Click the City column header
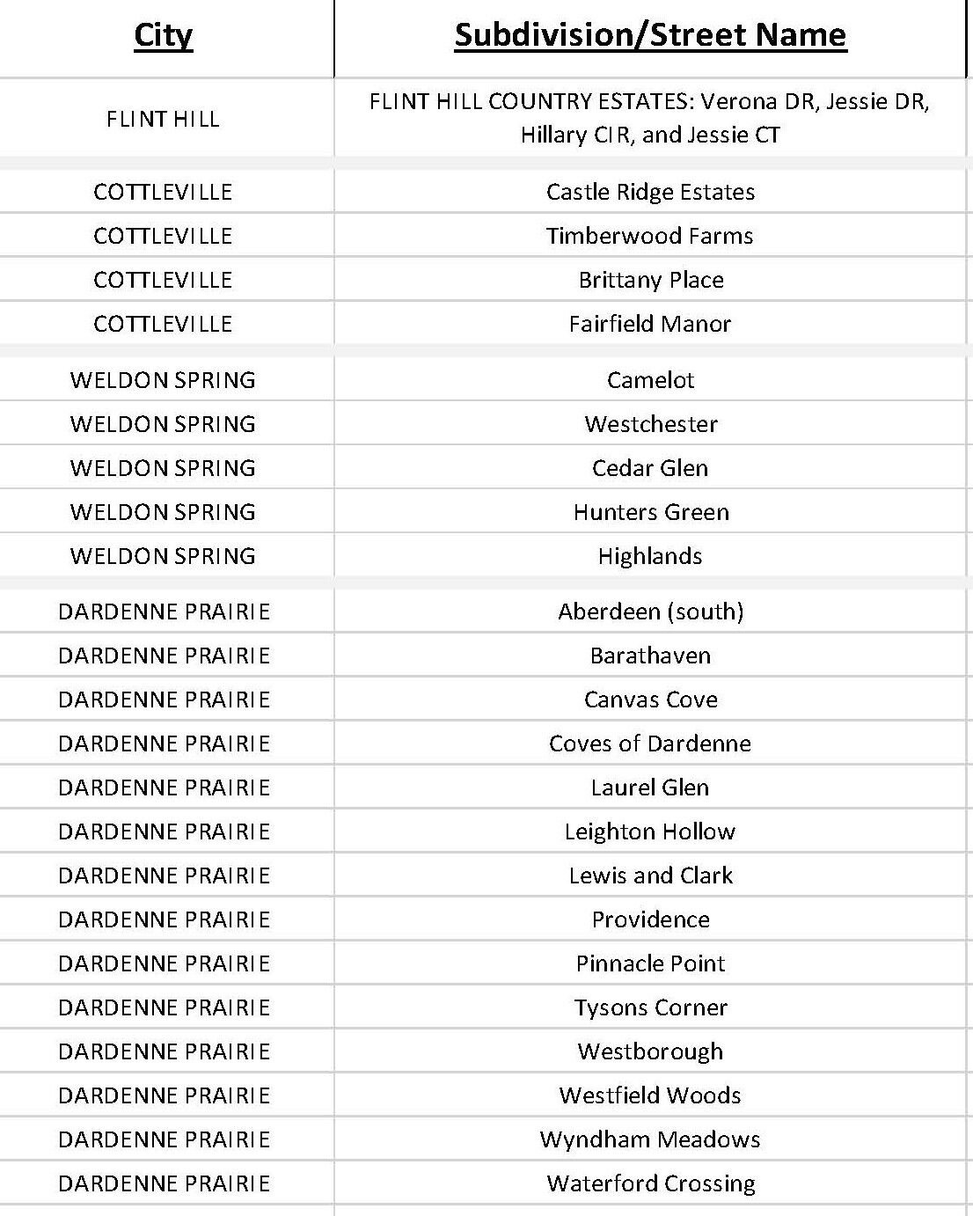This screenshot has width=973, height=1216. pyautogui.click(x=163, y=35)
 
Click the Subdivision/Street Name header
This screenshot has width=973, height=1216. pyautogui.click(x=650, y=35)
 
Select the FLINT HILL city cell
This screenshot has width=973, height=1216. pyautogui.click(x=163, y=119)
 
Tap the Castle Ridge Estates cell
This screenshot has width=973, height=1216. pyautogui.click(x=650, y=192)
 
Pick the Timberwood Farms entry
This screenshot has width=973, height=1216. pyautogui.click(x=650, y=236)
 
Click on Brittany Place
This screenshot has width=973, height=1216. pyautogui.click(x=650, y=280)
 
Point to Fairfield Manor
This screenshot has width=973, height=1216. pyautogui.click(x=650, y=324)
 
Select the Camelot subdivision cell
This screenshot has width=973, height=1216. pyautogui.click(x=650, y=380)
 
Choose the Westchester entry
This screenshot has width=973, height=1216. pyautogui.click(x=650, y=424)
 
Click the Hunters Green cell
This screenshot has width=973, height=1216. pyautogui.click(x=650, y=512)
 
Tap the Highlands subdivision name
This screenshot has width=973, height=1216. pyautogui.click(x=650, y=556)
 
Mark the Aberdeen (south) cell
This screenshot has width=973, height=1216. pyautogui.click(x=650, y=612)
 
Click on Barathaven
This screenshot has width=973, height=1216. pyautogui.click(x=650, y=656)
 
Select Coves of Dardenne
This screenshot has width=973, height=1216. pyautogui.click(x=650, y=744)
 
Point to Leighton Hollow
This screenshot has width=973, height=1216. pyautogui.click(x=650, y=831)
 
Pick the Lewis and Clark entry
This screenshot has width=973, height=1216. pyautogui.click(x=650, y=875)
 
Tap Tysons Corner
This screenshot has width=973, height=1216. pyautogui.click(x=650, y=1007)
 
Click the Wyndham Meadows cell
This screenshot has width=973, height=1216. pyautogui.click(x=650, y=1139)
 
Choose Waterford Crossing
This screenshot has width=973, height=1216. pyautogui.click(x=650, y=1183)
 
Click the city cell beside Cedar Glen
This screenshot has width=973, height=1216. pyautogui.click(x=163, y=468)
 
